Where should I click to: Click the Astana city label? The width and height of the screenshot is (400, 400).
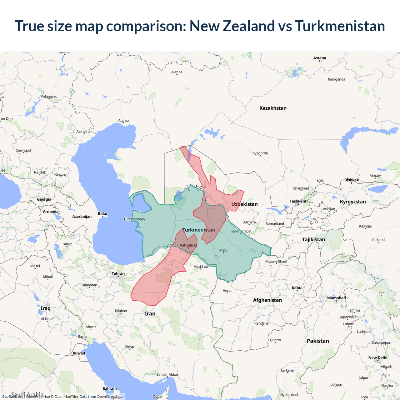click(319, 58)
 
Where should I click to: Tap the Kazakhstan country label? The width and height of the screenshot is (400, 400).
click(273, 108)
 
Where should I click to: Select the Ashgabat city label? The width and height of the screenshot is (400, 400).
click(188, 245)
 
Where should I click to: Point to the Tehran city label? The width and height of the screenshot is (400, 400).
click(118, 273)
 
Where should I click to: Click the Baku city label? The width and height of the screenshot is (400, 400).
click(102, 214)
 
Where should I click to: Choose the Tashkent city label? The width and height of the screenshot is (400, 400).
click(298, 201)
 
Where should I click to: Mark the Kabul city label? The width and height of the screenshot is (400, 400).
click(297, 288)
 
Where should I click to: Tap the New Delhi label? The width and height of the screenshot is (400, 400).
click(377, 357)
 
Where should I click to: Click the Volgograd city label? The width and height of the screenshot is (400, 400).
click(49, 96)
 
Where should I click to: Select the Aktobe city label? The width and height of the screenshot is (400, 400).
click(177, 72)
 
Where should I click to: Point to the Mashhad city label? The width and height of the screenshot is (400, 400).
click(201, 267)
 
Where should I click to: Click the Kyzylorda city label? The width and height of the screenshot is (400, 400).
click(260, 153)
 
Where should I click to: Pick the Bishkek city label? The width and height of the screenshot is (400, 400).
click(352, 180)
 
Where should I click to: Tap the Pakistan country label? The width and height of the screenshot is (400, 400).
click(318, 341)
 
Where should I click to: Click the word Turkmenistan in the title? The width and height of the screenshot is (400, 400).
click(340, 26)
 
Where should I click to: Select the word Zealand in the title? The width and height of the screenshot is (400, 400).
click(248, 26)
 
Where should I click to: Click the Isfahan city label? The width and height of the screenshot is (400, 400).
click(121, 311)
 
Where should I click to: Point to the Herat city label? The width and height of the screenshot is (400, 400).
click(227, 291)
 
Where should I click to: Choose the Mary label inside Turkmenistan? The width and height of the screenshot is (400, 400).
click(223, 250)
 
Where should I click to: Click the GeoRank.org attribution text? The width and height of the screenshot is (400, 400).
click(12, 397)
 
